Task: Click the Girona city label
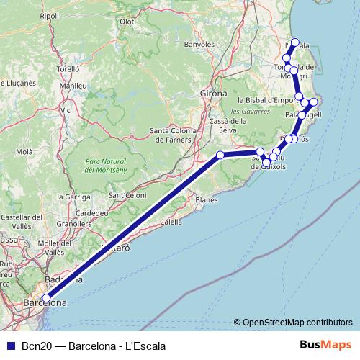pyautogui.click(x=214, y=94)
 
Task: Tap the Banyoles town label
pyautogui.click(x=199, y=44)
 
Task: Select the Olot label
pyautogui.click(x=127, y=22)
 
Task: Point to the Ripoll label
pyautogui.click(x=50, y=15)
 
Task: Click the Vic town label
pyautogui.click(x=66, y=110)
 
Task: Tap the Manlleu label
pyautogui.click(x=73, y=86)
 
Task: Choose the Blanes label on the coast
pyautogui.click(x=206, y=199)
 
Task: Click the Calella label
pyautogui.click(x=171, y=222)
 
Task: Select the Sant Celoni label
pyautogui.click(x=127, y=196)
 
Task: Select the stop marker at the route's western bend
pyautogui.click(x=221, y=155)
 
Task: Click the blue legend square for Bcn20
pyautogui.click(x=10, y=345)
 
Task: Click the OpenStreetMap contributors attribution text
pyautogui.click(x=294, y=323)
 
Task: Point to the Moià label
pyautogui.click(x=24, y=152)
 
